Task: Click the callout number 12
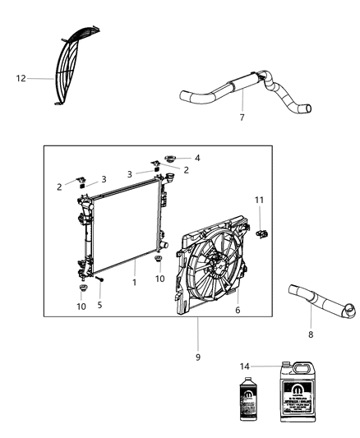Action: pyautogui.click(x=21, y=79)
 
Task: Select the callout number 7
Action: pyautogui.click(x=241, y=118)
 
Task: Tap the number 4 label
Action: pyautogui.click(x=196, y=158)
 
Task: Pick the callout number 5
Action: pyautogui.click(x=101, y=304)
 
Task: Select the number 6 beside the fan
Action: pyautogui.click(x=238, y=311)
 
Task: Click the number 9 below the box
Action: pyautogui.click(x=197, y=357)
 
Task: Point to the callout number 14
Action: pyautogui.click(x=243, y=367)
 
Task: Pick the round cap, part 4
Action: pyautogui.click(x=171, y=156)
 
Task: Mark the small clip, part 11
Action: pyautogui.click(x=262, y=234)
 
